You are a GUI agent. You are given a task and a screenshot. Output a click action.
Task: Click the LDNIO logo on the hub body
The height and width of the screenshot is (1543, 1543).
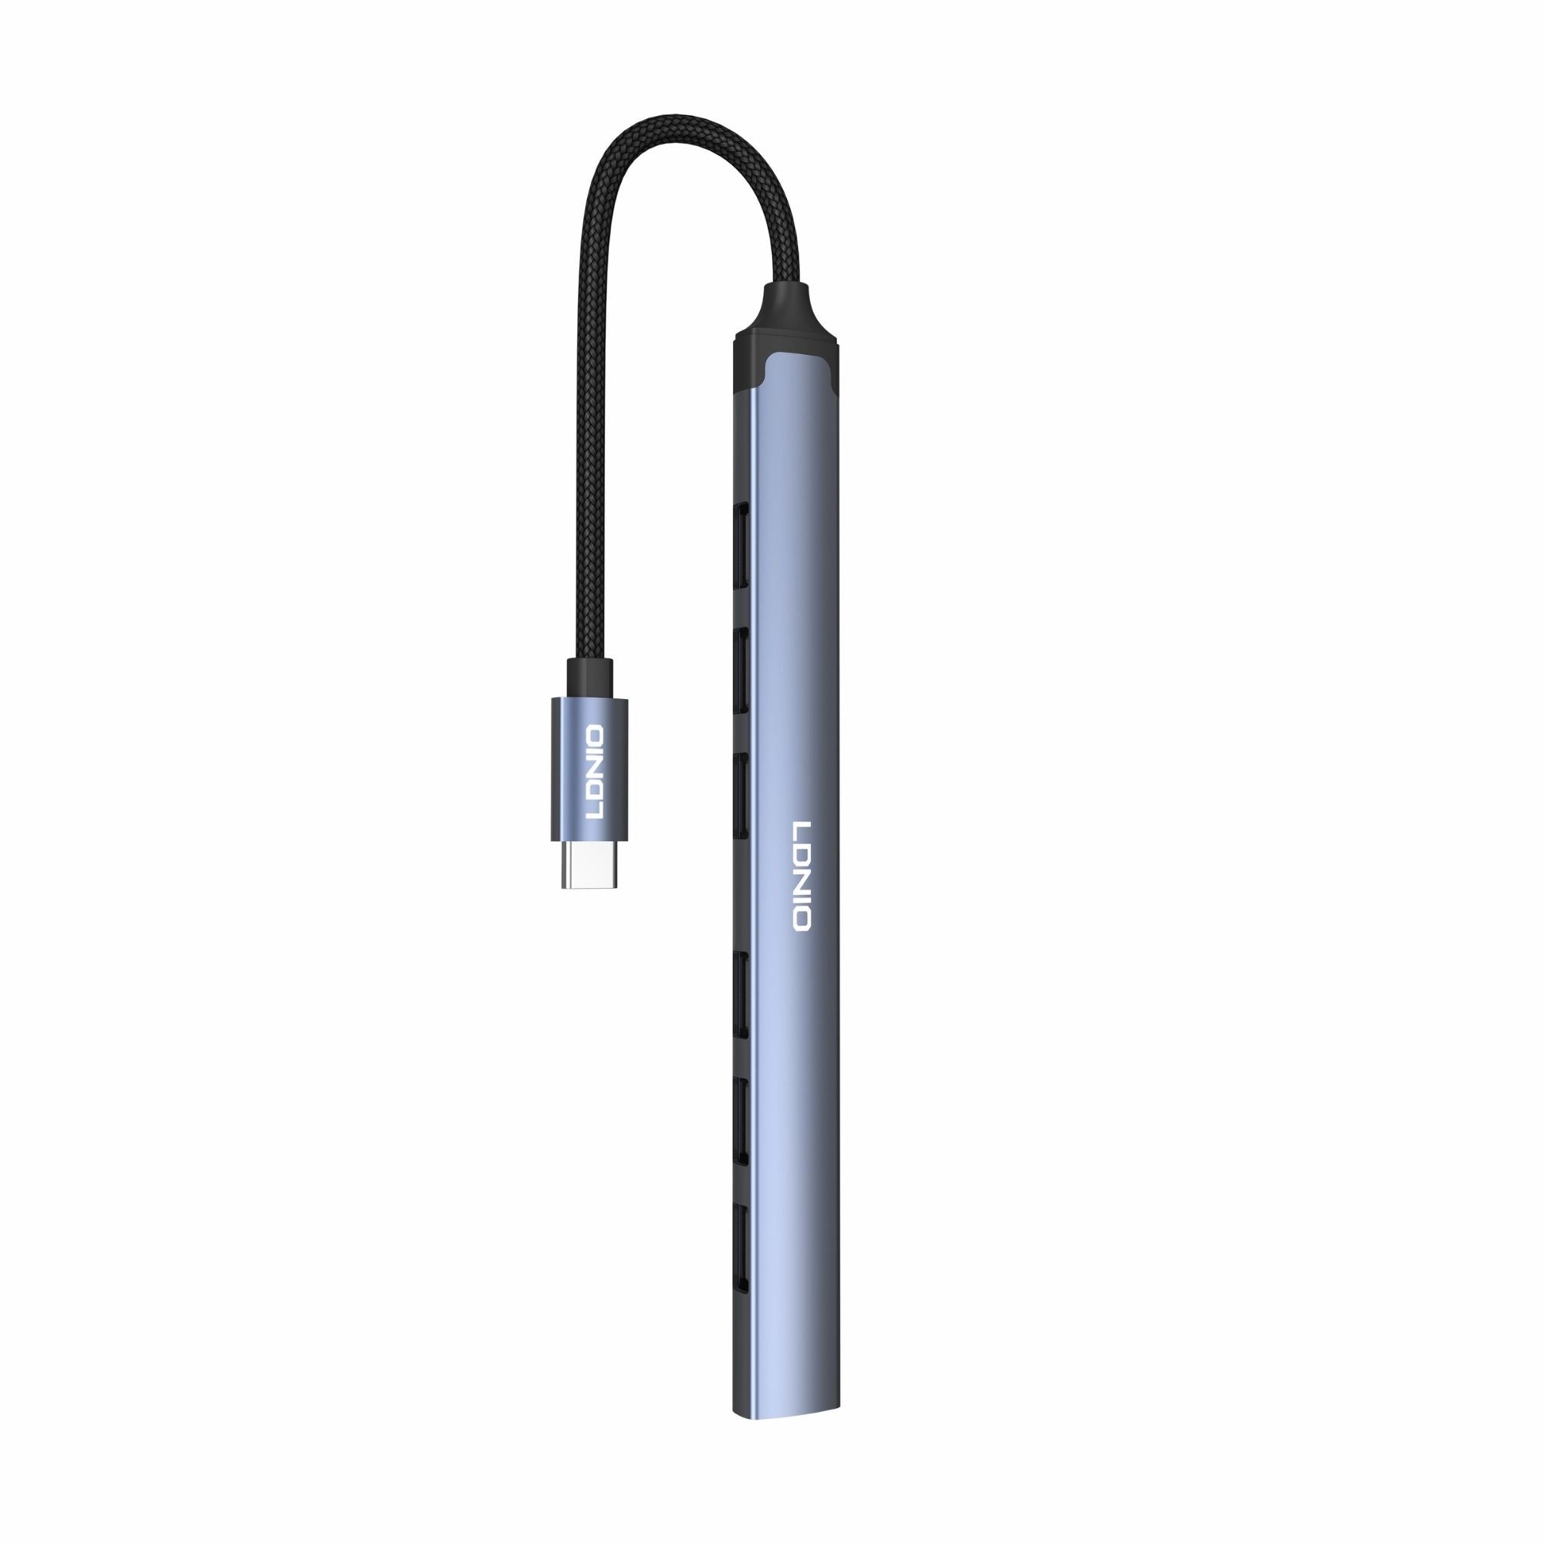(801, 874)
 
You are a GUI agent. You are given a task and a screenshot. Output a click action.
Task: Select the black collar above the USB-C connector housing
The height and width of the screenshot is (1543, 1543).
(589, 678)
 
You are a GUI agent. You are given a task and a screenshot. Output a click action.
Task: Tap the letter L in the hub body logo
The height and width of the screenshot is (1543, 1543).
(801, 826)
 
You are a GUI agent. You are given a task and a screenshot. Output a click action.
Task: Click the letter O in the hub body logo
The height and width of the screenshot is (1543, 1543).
(801, 920)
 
